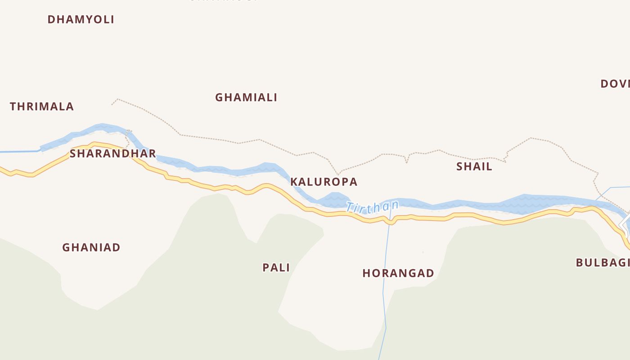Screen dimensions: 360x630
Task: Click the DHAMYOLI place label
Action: [x=81, y=19]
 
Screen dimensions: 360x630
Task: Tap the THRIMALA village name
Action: [x=42, y=107]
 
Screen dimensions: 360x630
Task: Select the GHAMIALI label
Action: [x=246, y=97]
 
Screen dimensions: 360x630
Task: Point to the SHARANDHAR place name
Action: [x=113, y=153]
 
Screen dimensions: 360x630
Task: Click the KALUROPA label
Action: [x=324, y=182]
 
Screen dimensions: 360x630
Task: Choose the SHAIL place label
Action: [x=474, y=166]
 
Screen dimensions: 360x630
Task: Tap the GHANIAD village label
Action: [x=91, y=247]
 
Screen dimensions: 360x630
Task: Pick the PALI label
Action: [x=276, y=267]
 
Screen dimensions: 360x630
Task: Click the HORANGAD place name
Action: [x=398, y=273]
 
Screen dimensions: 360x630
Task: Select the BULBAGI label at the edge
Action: [x=603, y=263]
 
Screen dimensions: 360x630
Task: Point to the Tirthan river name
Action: [x=373, y=207]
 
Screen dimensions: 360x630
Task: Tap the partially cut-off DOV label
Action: [x=615, y=84]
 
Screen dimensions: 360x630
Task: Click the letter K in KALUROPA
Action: [x=294, y=182]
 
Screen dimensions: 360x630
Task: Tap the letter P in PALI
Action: [x=266, y=267]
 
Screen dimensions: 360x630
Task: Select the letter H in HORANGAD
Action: [x=366, y=273]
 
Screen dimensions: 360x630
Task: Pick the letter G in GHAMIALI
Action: [x=219, y=97]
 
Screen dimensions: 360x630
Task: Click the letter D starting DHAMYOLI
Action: [x=51, y=19]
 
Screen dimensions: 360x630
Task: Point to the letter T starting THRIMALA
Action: [x=13, y=107]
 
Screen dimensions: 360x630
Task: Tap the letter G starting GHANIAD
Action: [x=66, y=247]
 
